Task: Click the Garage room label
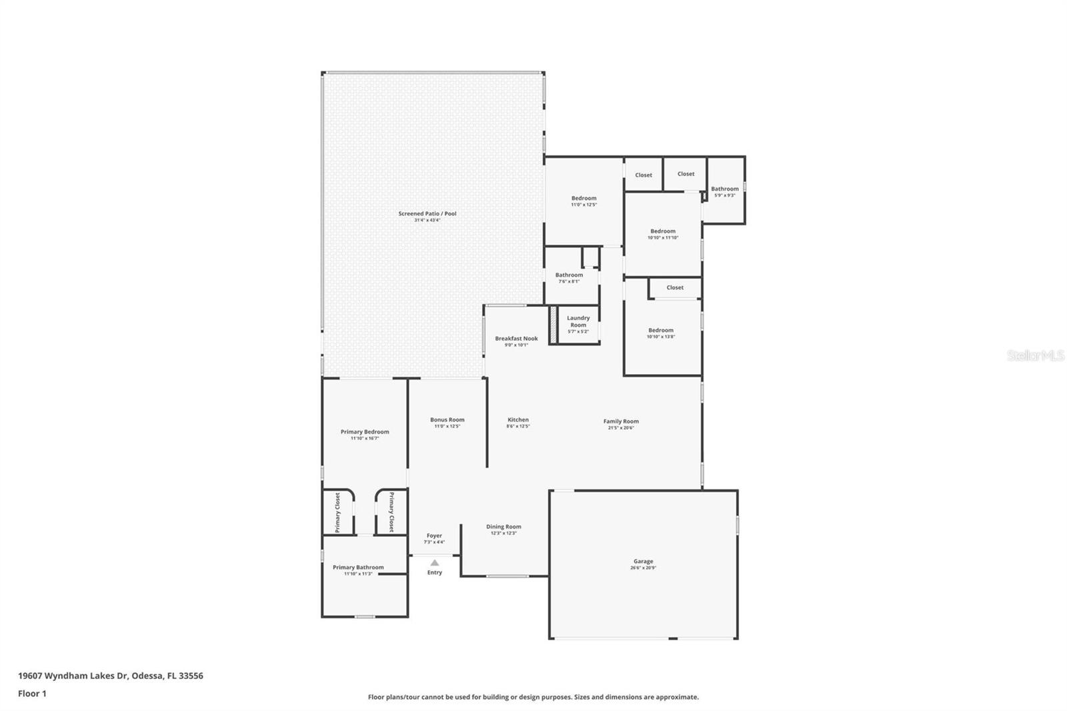643,562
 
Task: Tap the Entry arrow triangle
435,563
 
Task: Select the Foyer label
434,536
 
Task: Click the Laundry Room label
578,321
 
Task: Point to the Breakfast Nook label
516,339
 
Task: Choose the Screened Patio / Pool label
427,213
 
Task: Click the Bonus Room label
447,420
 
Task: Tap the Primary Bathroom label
358,568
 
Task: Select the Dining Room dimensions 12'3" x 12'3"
503,533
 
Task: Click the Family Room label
621,422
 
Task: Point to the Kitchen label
518,420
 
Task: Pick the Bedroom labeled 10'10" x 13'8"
661,333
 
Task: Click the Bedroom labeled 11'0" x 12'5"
584,201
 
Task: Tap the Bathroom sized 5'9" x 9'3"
725,191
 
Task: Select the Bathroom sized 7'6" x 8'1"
569,277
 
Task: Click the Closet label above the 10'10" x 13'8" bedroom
675,287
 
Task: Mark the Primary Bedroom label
365,432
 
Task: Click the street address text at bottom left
111,676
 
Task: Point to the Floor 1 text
32,694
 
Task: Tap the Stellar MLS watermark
1036,355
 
